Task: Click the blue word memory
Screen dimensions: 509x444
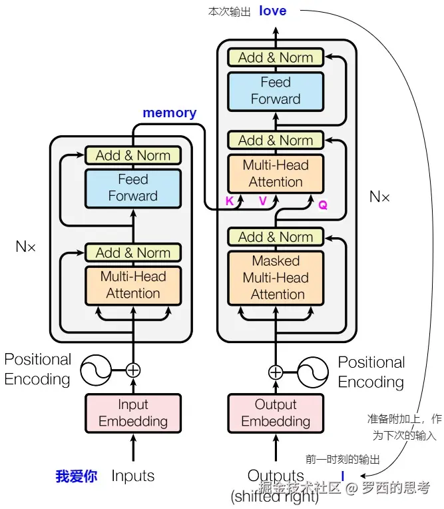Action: (x=169, y=113)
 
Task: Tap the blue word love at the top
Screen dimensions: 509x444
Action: (x=273, y=10)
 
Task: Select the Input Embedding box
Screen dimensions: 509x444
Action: (x=133, y=412)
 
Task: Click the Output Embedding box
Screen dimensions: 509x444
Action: (x=275, y=412)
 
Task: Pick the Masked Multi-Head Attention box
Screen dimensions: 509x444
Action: (x=275, y=277)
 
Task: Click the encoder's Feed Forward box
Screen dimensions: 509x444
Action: (x=133, y=188)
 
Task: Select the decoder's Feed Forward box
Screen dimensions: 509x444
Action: (x=275, y=91)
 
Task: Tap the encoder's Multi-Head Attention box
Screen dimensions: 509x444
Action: (x=133, y=285)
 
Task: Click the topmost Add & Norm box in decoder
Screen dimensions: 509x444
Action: (x=275, y=57)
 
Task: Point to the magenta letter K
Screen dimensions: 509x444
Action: (x=230, y=201)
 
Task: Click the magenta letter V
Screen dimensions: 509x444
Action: (x=263, y=201)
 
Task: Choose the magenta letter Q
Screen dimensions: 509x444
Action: (x=323, y=205)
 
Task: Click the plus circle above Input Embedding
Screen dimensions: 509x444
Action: (x=133, y=369)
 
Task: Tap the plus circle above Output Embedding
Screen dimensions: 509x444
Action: (x=275, y=372)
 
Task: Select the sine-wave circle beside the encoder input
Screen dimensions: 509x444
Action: (x=96, y=369)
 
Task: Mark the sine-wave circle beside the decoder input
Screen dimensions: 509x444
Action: (x=312, y=372)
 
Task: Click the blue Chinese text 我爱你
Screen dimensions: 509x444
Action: (x=76, y=476)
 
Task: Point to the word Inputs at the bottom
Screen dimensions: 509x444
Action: (x=133, y=476)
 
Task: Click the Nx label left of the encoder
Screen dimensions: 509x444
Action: (x=26, y=247)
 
